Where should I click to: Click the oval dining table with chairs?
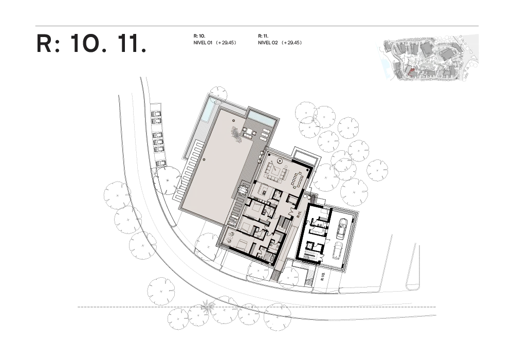tap(297, 180)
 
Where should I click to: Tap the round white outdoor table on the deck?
tap(243, 191)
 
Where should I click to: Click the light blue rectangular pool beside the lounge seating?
tap(262, 119)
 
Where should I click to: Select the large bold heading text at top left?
tap(91, 44)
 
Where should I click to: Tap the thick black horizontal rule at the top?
tap(257, 26)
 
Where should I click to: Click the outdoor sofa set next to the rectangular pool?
tap(249, 133)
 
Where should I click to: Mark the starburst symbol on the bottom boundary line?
tap(208, 307)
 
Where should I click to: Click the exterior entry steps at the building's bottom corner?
tap(274, 277)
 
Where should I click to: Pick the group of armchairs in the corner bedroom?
tap(229, 236)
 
